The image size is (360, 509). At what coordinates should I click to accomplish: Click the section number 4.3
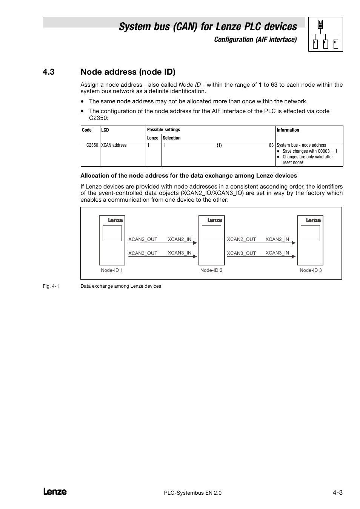point(49,72)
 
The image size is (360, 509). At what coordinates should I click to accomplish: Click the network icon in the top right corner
point(325,34)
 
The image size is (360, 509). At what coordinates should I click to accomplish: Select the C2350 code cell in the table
point(92,145)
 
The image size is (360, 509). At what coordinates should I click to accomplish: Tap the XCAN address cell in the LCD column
point(114,145)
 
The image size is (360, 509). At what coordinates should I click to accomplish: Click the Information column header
point(288,130)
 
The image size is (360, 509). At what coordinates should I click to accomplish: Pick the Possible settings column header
point(163,130)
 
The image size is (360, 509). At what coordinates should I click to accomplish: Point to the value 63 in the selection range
point(271,145)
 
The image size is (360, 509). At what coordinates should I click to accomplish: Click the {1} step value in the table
point(219,145)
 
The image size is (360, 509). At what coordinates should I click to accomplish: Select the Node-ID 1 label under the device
point(112,270)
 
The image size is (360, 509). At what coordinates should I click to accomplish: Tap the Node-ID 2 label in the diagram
point(211,270)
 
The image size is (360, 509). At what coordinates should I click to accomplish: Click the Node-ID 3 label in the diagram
point(311,270)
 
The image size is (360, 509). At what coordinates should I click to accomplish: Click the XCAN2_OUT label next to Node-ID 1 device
point(143,239)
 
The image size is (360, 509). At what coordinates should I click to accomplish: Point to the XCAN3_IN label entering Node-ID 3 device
point(277,253)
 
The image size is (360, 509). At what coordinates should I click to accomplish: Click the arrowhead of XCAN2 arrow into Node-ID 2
point(195,243)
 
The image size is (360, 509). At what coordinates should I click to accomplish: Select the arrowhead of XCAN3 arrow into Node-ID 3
point(294,257)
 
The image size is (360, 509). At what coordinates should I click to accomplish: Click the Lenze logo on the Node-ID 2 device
point(215,220)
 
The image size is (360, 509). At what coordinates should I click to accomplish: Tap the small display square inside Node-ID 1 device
point(112,233)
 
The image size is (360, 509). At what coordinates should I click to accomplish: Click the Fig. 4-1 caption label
point(51,286)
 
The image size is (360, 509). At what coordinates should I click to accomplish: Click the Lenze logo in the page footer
point(55,492)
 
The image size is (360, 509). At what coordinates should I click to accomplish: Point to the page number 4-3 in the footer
point(337,492)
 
